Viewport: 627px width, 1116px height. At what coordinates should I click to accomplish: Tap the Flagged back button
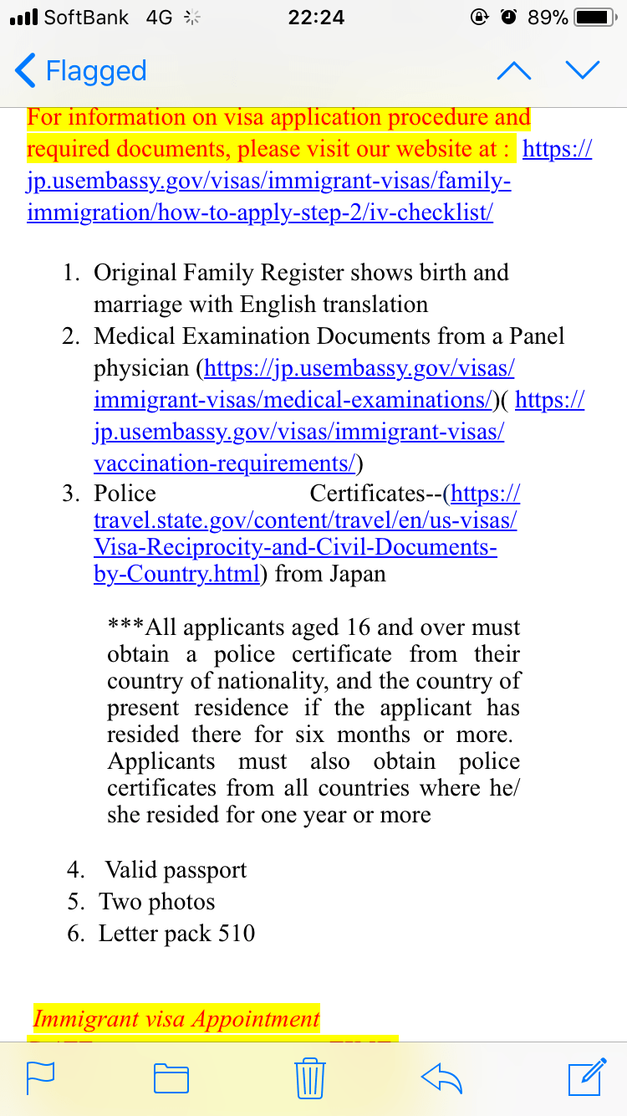pyautogui.click(x=81, y=71)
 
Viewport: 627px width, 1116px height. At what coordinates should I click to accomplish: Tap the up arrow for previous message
pyautogui.click(x=513, y=71)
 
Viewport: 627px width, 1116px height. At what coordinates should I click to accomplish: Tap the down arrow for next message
pyautogui.click(x=582, y=71)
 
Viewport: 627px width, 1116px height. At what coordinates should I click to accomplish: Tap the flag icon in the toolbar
pyautogui.click(x=41, y=1078)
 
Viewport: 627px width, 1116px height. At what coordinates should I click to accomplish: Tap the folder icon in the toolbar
pyautogui.click(x=171, y=1078)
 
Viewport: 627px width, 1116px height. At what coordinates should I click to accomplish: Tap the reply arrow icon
pyautogui.click(x=442, y=1078)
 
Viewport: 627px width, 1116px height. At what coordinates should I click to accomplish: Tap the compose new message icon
pyautogui.click(x=586, y=1078)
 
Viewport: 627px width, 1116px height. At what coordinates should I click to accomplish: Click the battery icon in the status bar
pyautogui.click(x=595, y=18)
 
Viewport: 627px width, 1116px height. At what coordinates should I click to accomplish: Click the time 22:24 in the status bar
pyautogui.click(x=315, y=18)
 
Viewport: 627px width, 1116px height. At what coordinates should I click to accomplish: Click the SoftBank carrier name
pyautogui.click(x=86, y=18)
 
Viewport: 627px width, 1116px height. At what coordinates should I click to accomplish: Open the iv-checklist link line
pyautogui.click(x=259, y=212)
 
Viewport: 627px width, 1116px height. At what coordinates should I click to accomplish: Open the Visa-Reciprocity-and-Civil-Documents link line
pyautogui.click(x=295, y=547)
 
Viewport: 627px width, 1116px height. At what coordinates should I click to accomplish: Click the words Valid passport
pyautogui.click(x=176, y=870)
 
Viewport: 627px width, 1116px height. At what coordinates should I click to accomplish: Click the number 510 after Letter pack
pyautogui.click(x=237, y=934)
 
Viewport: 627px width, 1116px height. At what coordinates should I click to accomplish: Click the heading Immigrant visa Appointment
pyautogui.click(x=176, y=1019)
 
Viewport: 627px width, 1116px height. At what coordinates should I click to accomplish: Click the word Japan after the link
pyautogui.click(x=357, y=575)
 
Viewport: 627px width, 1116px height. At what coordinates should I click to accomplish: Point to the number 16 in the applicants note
pyautogui.click(x=334, y=628)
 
